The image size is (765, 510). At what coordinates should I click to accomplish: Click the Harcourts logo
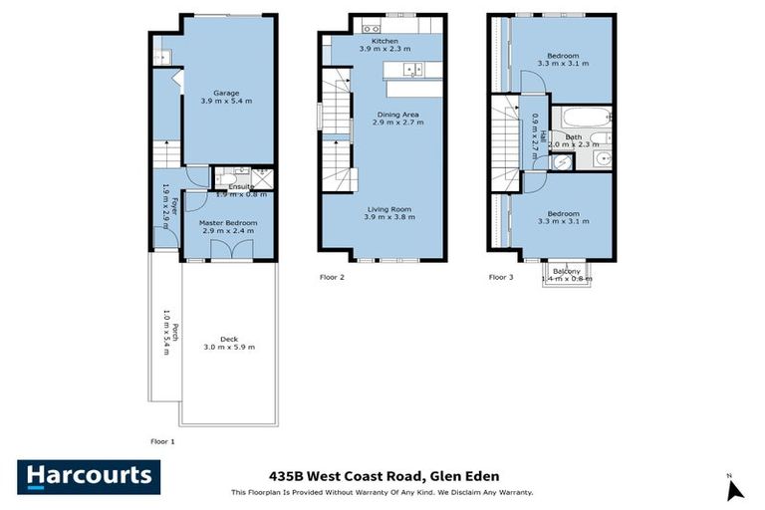click(88, 476)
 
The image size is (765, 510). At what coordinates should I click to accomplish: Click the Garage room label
click(226, 92)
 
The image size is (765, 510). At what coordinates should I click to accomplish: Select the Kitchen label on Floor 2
click(383, 41)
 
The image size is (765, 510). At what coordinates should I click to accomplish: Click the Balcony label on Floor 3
click(566, 271)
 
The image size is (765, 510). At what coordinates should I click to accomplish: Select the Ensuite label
click(241, 186)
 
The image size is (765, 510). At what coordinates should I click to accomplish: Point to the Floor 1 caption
click(161, 439)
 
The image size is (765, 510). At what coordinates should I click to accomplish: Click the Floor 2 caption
click(331, 277)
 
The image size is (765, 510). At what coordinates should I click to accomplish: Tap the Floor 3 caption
click(500, 277)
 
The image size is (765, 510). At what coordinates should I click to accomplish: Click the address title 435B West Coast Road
click(383, 476)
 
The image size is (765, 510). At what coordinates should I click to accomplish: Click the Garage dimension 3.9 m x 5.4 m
click(226, 101)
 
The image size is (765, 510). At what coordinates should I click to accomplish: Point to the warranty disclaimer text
click(383, 493)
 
